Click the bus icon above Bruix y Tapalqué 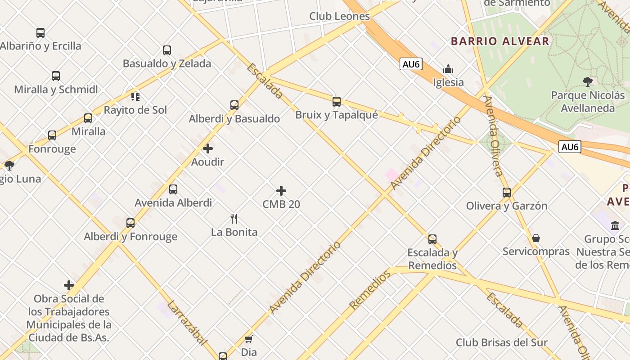pyautogui.click(x=337, y=102)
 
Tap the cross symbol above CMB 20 pyautogui.click(x=281, y=191)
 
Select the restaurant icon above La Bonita pyautogui.click(x=234, y=219)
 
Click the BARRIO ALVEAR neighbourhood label pyautogui.click(x=500, y=41)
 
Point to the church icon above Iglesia pyautogui.click(x=448, y=69)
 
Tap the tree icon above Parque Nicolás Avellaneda pyautogui.click(x=587, y=81)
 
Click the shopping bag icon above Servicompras pyautogui.click(x=536, y=238)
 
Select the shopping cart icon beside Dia pyautogui.click(x=249, y=339)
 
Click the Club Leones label pyautogui.click(x=339, y=16)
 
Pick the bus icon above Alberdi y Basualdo pyautogui.click(x=234, y=105)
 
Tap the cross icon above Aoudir pyautogui.click(x=208, y=148)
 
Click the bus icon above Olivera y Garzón pyautogui.click(x=507, y=193)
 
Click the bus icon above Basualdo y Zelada pyautogui.click(x=167, y=50)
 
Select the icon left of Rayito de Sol pyautogui.click(x=135, y=96)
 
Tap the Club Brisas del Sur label pyautogui.click(x=502, y=342)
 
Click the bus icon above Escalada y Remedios pyautogui.click(x=432, y=239)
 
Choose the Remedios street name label pyautogui.click(x=370, y=290)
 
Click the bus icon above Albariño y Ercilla pyautogui.click(x=40, y=33)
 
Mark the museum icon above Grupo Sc pyautogui.click(x=615, y=225)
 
